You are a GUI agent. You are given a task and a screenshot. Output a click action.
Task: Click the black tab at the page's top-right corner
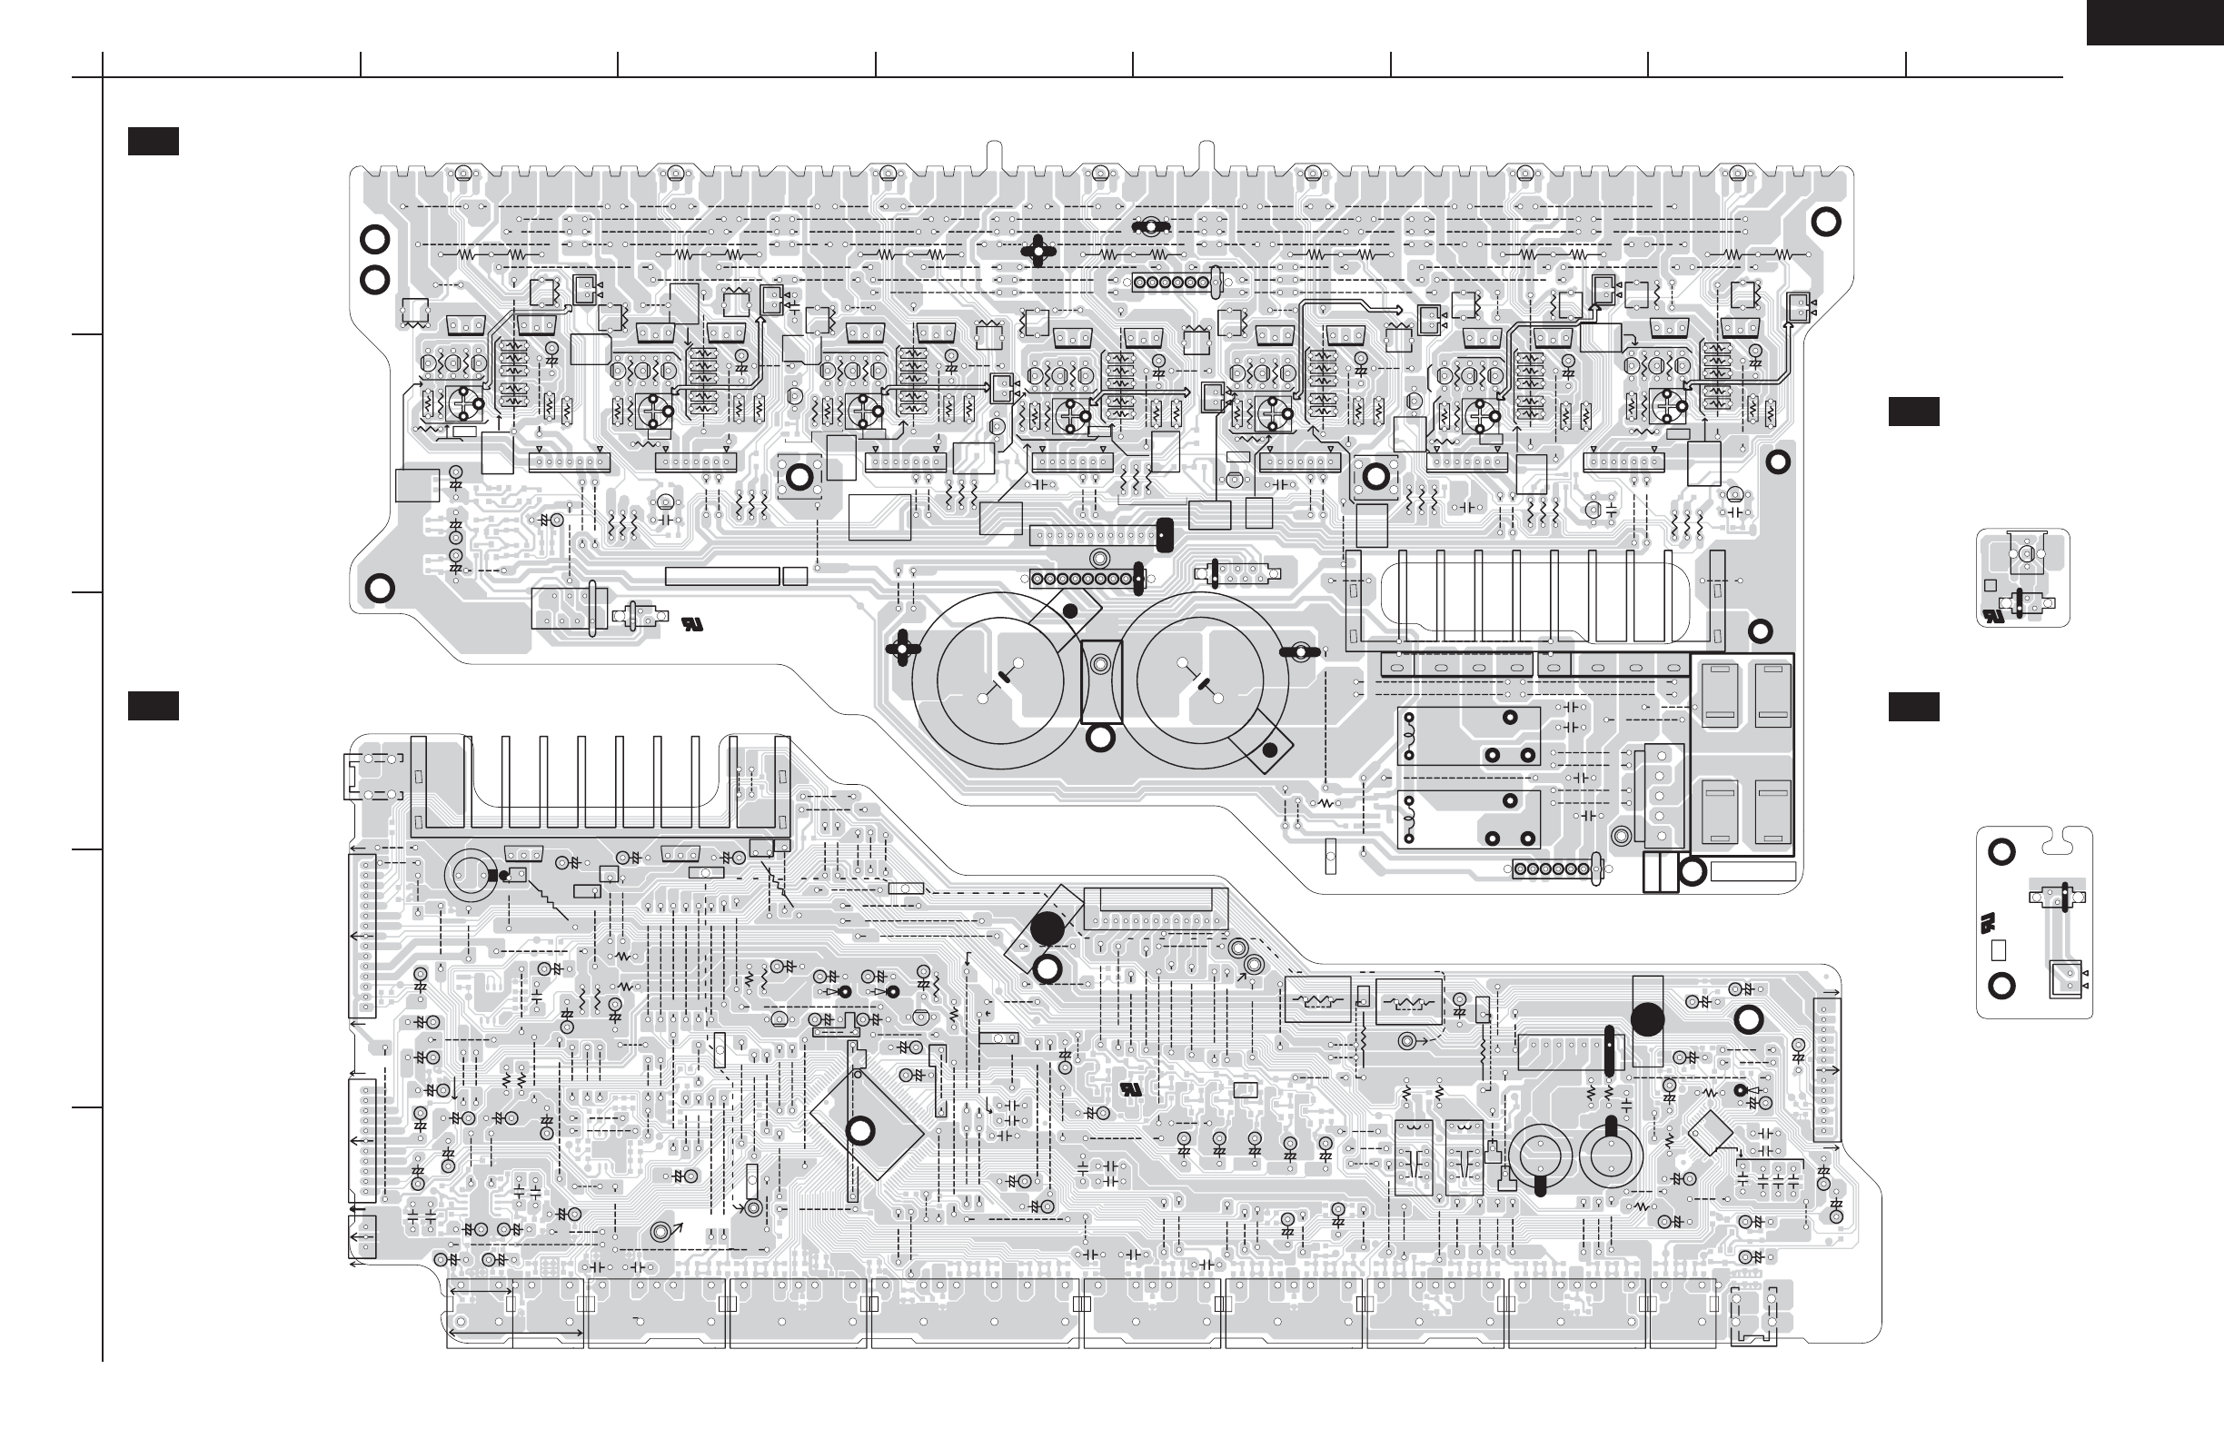[2155, 22]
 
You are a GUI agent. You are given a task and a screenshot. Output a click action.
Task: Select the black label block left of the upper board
[154, 141]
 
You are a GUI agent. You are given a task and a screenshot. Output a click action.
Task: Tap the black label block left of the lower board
[154, 707]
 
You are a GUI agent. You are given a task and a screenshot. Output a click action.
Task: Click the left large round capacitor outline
[1000, 680]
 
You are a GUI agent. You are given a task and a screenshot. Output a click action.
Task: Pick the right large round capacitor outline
[1200, 680]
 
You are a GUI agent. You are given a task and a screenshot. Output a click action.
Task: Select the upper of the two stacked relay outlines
[1468, 737]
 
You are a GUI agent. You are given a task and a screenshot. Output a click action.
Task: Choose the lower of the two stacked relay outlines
[1468, 819]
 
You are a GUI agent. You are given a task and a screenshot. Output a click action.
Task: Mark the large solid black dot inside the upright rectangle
[1646, 1019]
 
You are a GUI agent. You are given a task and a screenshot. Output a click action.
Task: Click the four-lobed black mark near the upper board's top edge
[1038, 251]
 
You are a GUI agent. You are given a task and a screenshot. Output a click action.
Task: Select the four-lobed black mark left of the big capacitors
[903, 648]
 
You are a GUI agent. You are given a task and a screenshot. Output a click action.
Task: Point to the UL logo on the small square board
[1993, 617]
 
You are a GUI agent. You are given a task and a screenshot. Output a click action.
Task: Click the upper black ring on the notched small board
[2001, 851]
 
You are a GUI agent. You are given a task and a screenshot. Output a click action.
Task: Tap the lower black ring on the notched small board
[2001, 986]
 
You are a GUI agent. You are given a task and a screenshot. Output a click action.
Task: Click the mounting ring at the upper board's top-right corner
[1825, 222]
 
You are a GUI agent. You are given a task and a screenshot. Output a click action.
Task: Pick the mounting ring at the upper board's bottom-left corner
[380, 589]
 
